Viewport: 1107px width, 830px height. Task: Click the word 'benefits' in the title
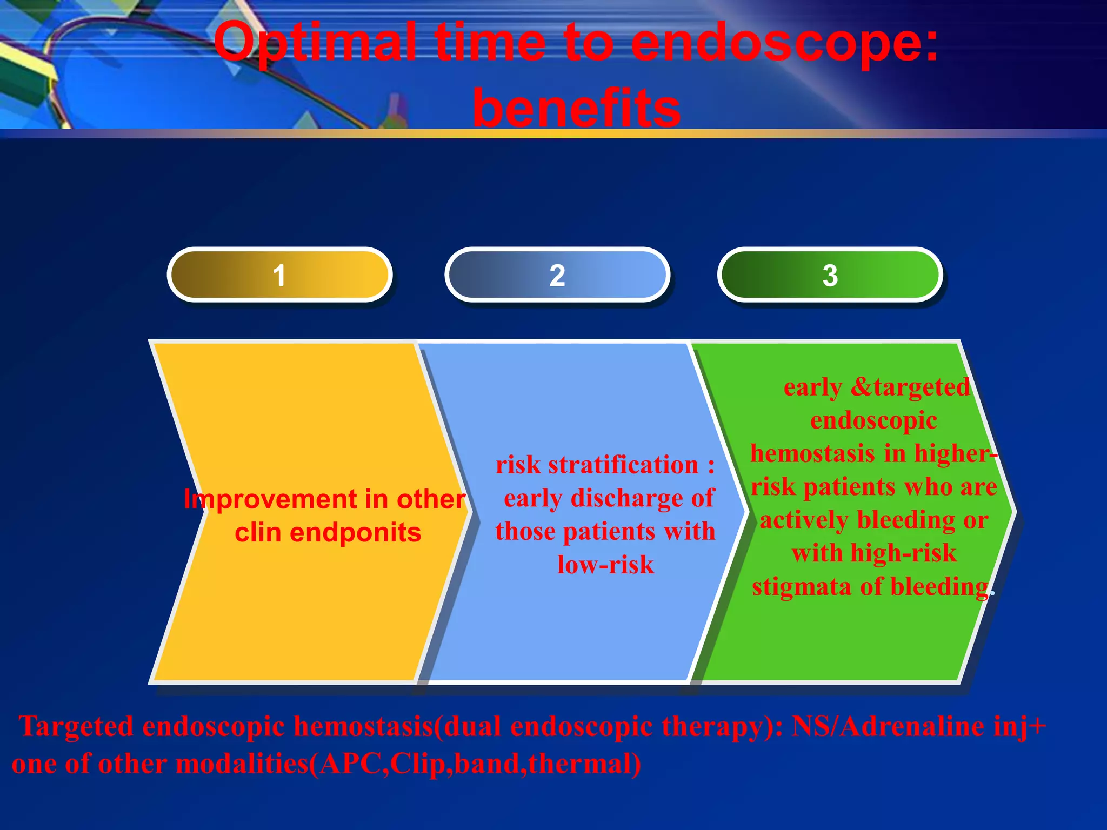[x=576, y=109]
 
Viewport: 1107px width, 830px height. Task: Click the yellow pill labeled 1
[x=279, y=275]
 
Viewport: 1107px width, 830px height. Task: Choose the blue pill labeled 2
[x=557, y=275]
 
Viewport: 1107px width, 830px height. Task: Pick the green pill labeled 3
[x=830, y=275]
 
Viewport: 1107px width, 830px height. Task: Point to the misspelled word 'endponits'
[x=355, y=533]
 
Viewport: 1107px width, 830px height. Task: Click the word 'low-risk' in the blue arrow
[x=605, y=565]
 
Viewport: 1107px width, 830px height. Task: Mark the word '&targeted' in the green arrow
[x=910, y=387]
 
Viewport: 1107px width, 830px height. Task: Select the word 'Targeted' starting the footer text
[x=76, y=726]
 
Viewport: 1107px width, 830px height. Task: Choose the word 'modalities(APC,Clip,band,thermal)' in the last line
[x=408, y=764]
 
